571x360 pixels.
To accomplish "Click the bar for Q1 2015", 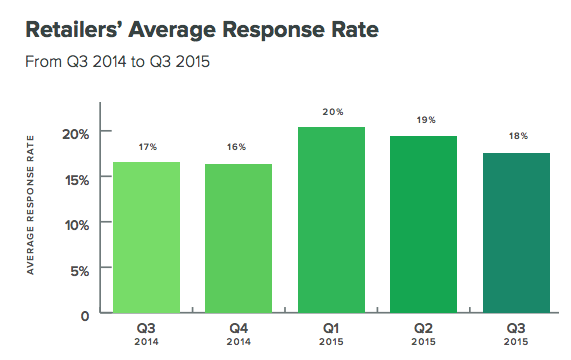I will [331, 220].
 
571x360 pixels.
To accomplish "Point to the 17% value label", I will [146, 147].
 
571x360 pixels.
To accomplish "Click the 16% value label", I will [238, 147].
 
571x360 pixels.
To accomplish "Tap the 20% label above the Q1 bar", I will [331, 112].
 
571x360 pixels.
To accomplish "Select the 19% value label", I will [424, 120].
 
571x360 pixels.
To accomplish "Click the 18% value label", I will [516, 135].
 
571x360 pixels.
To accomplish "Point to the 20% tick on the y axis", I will [75, 133].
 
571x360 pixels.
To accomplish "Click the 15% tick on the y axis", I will [75, 179].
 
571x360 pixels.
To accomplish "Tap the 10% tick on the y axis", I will [75, 224].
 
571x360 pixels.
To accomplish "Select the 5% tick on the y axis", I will [79, 270].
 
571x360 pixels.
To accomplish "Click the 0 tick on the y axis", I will [85, 315].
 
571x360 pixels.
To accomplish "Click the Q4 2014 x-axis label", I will [238, 333].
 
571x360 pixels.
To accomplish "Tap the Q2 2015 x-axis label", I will [424, 333].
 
